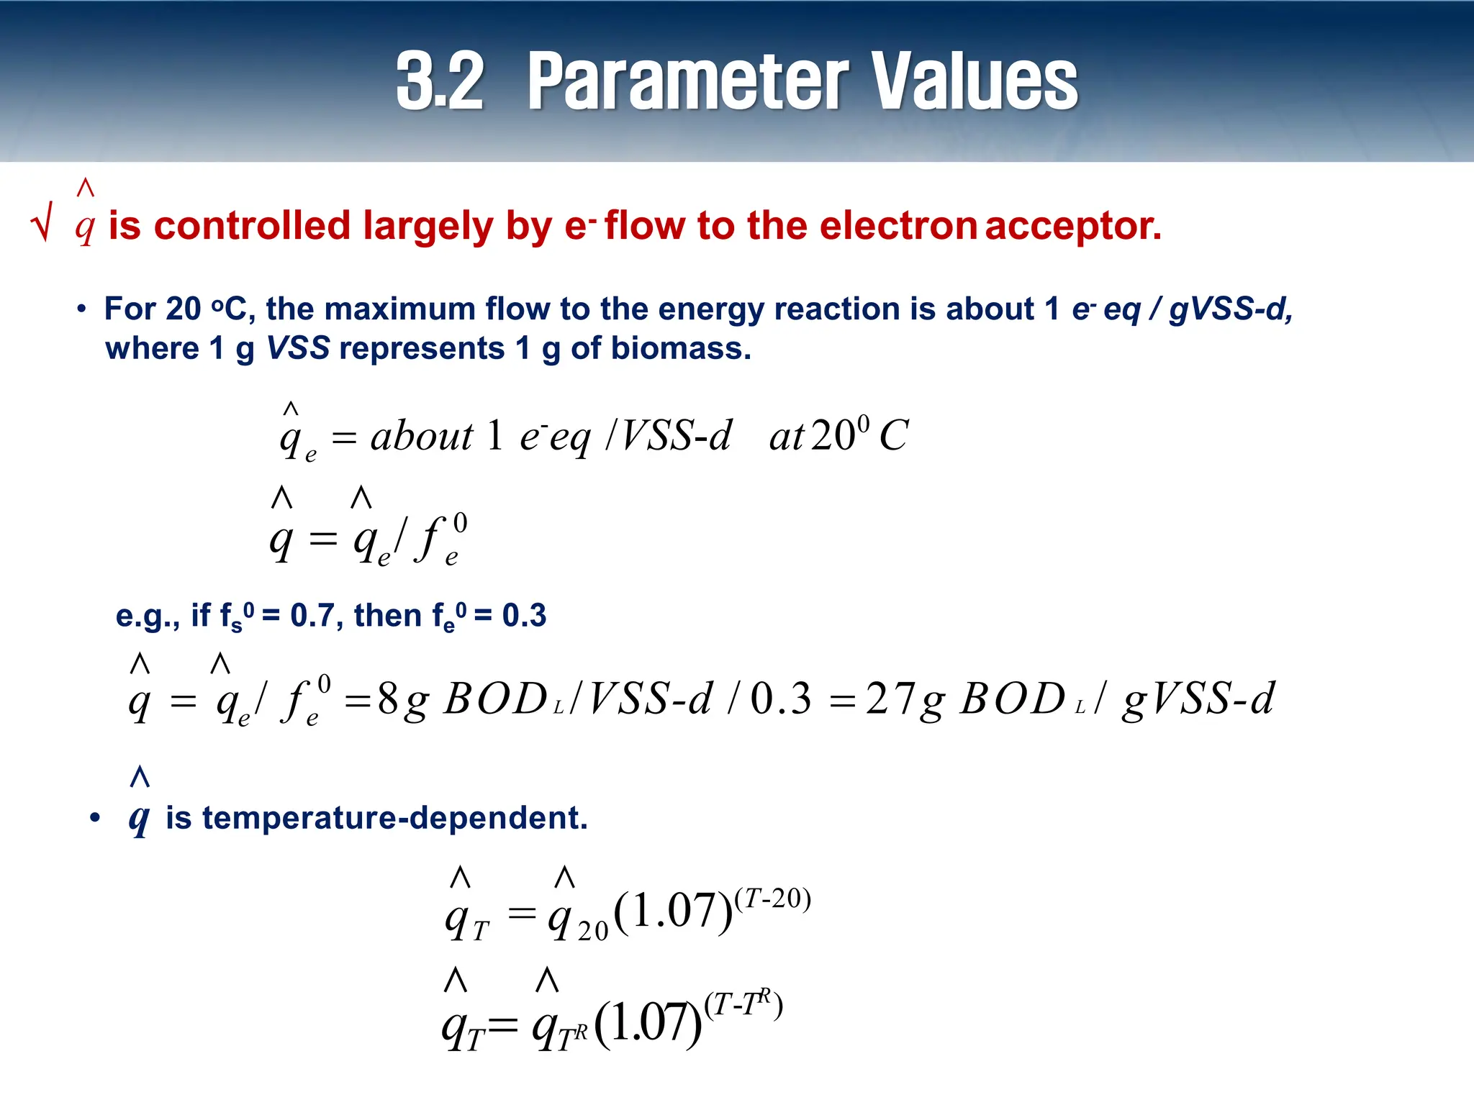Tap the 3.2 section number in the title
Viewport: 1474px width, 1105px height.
point(439,82)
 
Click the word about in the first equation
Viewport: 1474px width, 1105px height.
point(422,436)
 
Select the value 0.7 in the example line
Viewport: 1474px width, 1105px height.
point(311,616)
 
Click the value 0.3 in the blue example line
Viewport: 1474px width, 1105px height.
point(524,616)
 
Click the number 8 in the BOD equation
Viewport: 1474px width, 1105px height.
point(388,698)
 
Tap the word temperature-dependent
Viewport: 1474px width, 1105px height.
point(376,818)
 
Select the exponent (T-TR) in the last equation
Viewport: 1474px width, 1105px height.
point(743,1004)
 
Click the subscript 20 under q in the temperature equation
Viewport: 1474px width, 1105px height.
point(592,931)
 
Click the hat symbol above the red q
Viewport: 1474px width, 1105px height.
point(85,188)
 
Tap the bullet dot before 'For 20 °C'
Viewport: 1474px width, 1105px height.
point(81,309)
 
